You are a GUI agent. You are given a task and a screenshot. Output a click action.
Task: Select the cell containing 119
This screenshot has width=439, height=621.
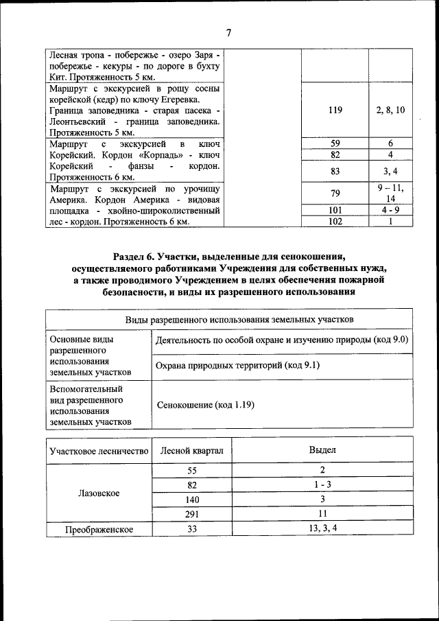click(335, 110)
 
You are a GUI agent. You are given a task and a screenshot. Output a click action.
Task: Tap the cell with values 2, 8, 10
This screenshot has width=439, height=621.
click(390, 110)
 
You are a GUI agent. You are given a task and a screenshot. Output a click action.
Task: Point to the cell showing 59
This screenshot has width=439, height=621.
click(335, 143)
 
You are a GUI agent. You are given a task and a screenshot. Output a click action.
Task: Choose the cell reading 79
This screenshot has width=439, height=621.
click(335, 194)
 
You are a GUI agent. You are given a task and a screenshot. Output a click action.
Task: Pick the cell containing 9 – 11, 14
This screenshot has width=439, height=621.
click(390, 194)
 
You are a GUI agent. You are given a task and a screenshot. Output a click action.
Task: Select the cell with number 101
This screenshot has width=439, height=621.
click(335, 210)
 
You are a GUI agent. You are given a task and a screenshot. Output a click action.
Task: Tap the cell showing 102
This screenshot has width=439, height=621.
click(335, 222)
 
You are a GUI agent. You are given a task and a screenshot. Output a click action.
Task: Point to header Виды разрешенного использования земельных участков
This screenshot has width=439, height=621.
click(229, 320)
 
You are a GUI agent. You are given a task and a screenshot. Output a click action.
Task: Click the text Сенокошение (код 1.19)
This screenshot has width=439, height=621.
click(205, 405)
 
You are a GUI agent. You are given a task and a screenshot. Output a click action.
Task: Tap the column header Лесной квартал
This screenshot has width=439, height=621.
click(191, 450)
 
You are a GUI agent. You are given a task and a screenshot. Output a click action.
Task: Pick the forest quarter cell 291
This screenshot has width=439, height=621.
click(191, 514)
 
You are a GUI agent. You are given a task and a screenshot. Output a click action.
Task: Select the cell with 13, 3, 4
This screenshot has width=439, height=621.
click(322, 528)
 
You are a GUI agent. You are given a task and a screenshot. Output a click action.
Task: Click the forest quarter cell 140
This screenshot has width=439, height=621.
click(191, 500)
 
